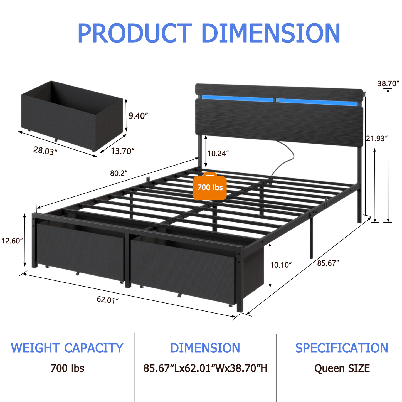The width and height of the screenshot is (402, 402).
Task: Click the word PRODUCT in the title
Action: click(x=135, y=33)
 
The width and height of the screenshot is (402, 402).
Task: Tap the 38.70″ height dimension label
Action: click(x=388, y=83)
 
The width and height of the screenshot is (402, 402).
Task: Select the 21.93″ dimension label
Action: click(x=377, y=138)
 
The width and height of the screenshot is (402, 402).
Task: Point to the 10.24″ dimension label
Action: click(x=218, y=153)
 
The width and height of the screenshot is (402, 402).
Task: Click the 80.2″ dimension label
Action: click(x=119, y=173)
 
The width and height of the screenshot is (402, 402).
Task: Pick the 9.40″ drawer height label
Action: click(x=138, y=116)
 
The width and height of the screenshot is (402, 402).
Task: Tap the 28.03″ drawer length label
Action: click(x=45, y=151)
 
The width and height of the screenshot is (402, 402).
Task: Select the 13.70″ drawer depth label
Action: click(x=123, y=151)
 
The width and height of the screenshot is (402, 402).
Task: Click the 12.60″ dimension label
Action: click(x=12, y=241)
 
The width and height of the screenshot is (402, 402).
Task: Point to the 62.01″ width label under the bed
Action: click(x=108, y=300)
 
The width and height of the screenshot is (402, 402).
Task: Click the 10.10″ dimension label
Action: click(x=281, y=265)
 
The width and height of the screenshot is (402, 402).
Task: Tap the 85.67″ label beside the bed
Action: click(x=328, y=263)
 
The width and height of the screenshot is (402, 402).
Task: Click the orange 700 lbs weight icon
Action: click(x=210, y=187)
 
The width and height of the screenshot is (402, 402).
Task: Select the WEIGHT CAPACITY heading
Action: click(x=67, y=348)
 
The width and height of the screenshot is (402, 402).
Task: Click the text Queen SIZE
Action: click(x=342, y=368)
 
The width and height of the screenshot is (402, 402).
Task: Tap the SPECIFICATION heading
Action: click(x=341, y=348)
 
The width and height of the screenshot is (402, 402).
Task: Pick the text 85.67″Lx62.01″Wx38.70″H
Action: click(x=205, y=368)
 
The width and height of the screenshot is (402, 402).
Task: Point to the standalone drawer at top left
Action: click(x=72, y=114)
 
